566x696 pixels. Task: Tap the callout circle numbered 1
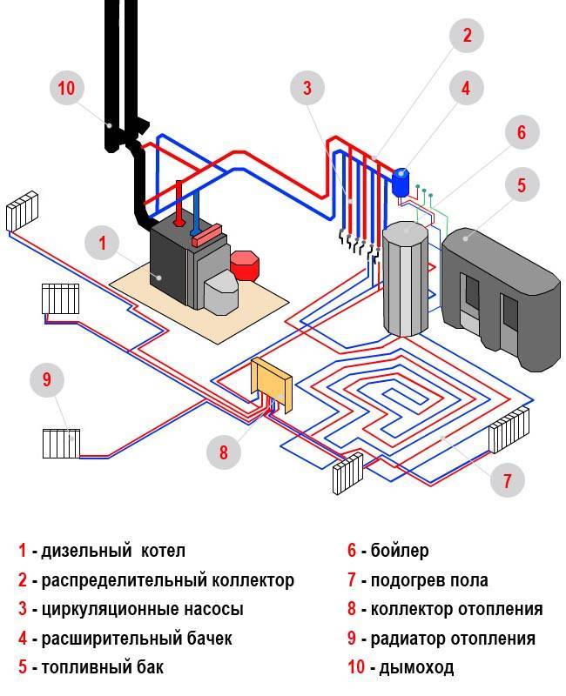pos(102,243)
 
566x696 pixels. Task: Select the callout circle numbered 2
pos(467,36)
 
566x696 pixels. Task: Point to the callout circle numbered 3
pos(307,88)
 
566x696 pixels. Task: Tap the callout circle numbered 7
pos(508,478)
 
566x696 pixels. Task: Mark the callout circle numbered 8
pos(223,452)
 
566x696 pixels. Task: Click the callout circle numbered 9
pos(46,380)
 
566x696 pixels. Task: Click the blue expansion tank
pos(401,182)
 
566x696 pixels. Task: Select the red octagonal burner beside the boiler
pos(246,263)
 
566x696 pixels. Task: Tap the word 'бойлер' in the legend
pos(400,551)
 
